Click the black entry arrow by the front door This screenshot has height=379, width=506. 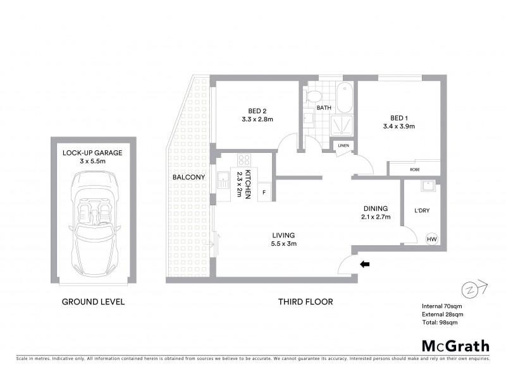tap(364, 265)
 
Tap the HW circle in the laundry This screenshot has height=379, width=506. tap(432, 239)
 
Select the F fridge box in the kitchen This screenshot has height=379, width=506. tap(264, 191)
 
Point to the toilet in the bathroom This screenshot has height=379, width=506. tap(312, 95)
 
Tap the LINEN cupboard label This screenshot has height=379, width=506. tap(343, 146)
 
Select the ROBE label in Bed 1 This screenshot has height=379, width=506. tap(414, 169)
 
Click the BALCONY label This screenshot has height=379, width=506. tap(188, 177)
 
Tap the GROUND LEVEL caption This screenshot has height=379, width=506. tap(93, 302)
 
